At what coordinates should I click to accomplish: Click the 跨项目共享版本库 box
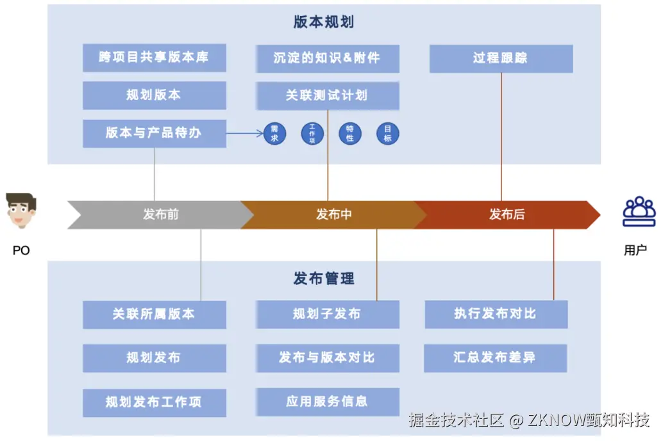tap(154, 58)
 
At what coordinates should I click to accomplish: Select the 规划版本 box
tap(154, 95)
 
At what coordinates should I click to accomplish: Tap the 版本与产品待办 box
tap(154, 133)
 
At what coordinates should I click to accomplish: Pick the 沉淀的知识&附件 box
tap(327, 58)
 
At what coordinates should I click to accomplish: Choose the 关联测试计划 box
tap(327, 95)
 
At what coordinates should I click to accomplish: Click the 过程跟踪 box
tap(501, 58)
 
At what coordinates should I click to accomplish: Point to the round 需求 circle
tap(274, 133)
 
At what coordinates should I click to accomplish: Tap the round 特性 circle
tap(350, 133)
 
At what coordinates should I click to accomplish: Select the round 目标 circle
tap(388, 133)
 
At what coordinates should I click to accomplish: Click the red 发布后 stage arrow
tap(507, 215)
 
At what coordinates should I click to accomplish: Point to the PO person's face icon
tap(21, 210)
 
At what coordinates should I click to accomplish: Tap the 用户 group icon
tap(639, 212)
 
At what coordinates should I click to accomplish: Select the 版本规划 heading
tap(324, 22)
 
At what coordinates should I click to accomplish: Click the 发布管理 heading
tap(324, 279)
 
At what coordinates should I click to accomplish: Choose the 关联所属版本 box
tap(154, 315)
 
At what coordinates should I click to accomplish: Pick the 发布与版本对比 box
tap(327, 357)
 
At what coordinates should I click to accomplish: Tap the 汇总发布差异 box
tap(495, 357)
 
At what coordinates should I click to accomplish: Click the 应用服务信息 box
tap(327, 402)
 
